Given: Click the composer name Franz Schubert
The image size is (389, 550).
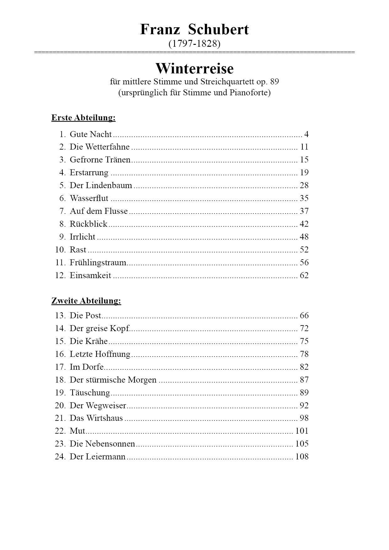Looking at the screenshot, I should [194, 29].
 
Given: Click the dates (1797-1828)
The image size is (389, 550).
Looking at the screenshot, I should [194, 44].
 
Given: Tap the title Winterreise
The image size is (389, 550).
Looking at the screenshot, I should [194, 68].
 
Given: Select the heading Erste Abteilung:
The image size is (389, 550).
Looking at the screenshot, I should [83, 118].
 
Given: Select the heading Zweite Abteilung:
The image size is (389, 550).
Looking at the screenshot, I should [86, 301].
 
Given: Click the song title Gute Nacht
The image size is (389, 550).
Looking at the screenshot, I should [91, 134].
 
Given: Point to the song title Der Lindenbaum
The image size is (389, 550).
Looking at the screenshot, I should [101, 185].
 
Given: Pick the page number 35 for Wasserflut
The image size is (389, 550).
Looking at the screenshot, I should [304, 198].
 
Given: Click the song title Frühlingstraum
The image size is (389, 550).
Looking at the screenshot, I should [98, 262].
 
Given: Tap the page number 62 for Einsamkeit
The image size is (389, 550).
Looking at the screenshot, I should [304, 275].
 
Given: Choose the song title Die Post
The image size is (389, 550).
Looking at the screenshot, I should [85, 315].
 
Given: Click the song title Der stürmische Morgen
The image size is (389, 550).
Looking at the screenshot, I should [113, 380].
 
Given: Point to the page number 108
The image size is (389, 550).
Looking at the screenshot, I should [302, 457].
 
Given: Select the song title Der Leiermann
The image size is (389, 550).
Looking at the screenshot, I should [98, 457].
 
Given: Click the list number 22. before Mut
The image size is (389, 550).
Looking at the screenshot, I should [60, 431].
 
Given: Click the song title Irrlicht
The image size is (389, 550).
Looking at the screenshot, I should [83, 237].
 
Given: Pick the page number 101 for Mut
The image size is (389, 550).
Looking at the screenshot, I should [302, 431].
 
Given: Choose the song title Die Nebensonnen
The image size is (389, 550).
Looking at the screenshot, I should [102, 444].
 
